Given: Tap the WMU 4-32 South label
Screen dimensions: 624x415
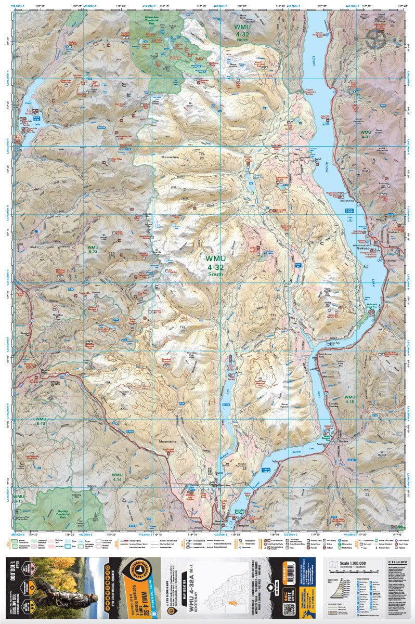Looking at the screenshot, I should pyautogui.click(x=215, y=266).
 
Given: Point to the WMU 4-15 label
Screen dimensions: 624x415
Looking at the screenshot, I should pyautogui.click(x=349, y=400).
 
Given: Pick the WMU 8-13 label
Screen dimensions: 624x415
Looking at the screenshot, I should pyautogui.click(x=41, y=421).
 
